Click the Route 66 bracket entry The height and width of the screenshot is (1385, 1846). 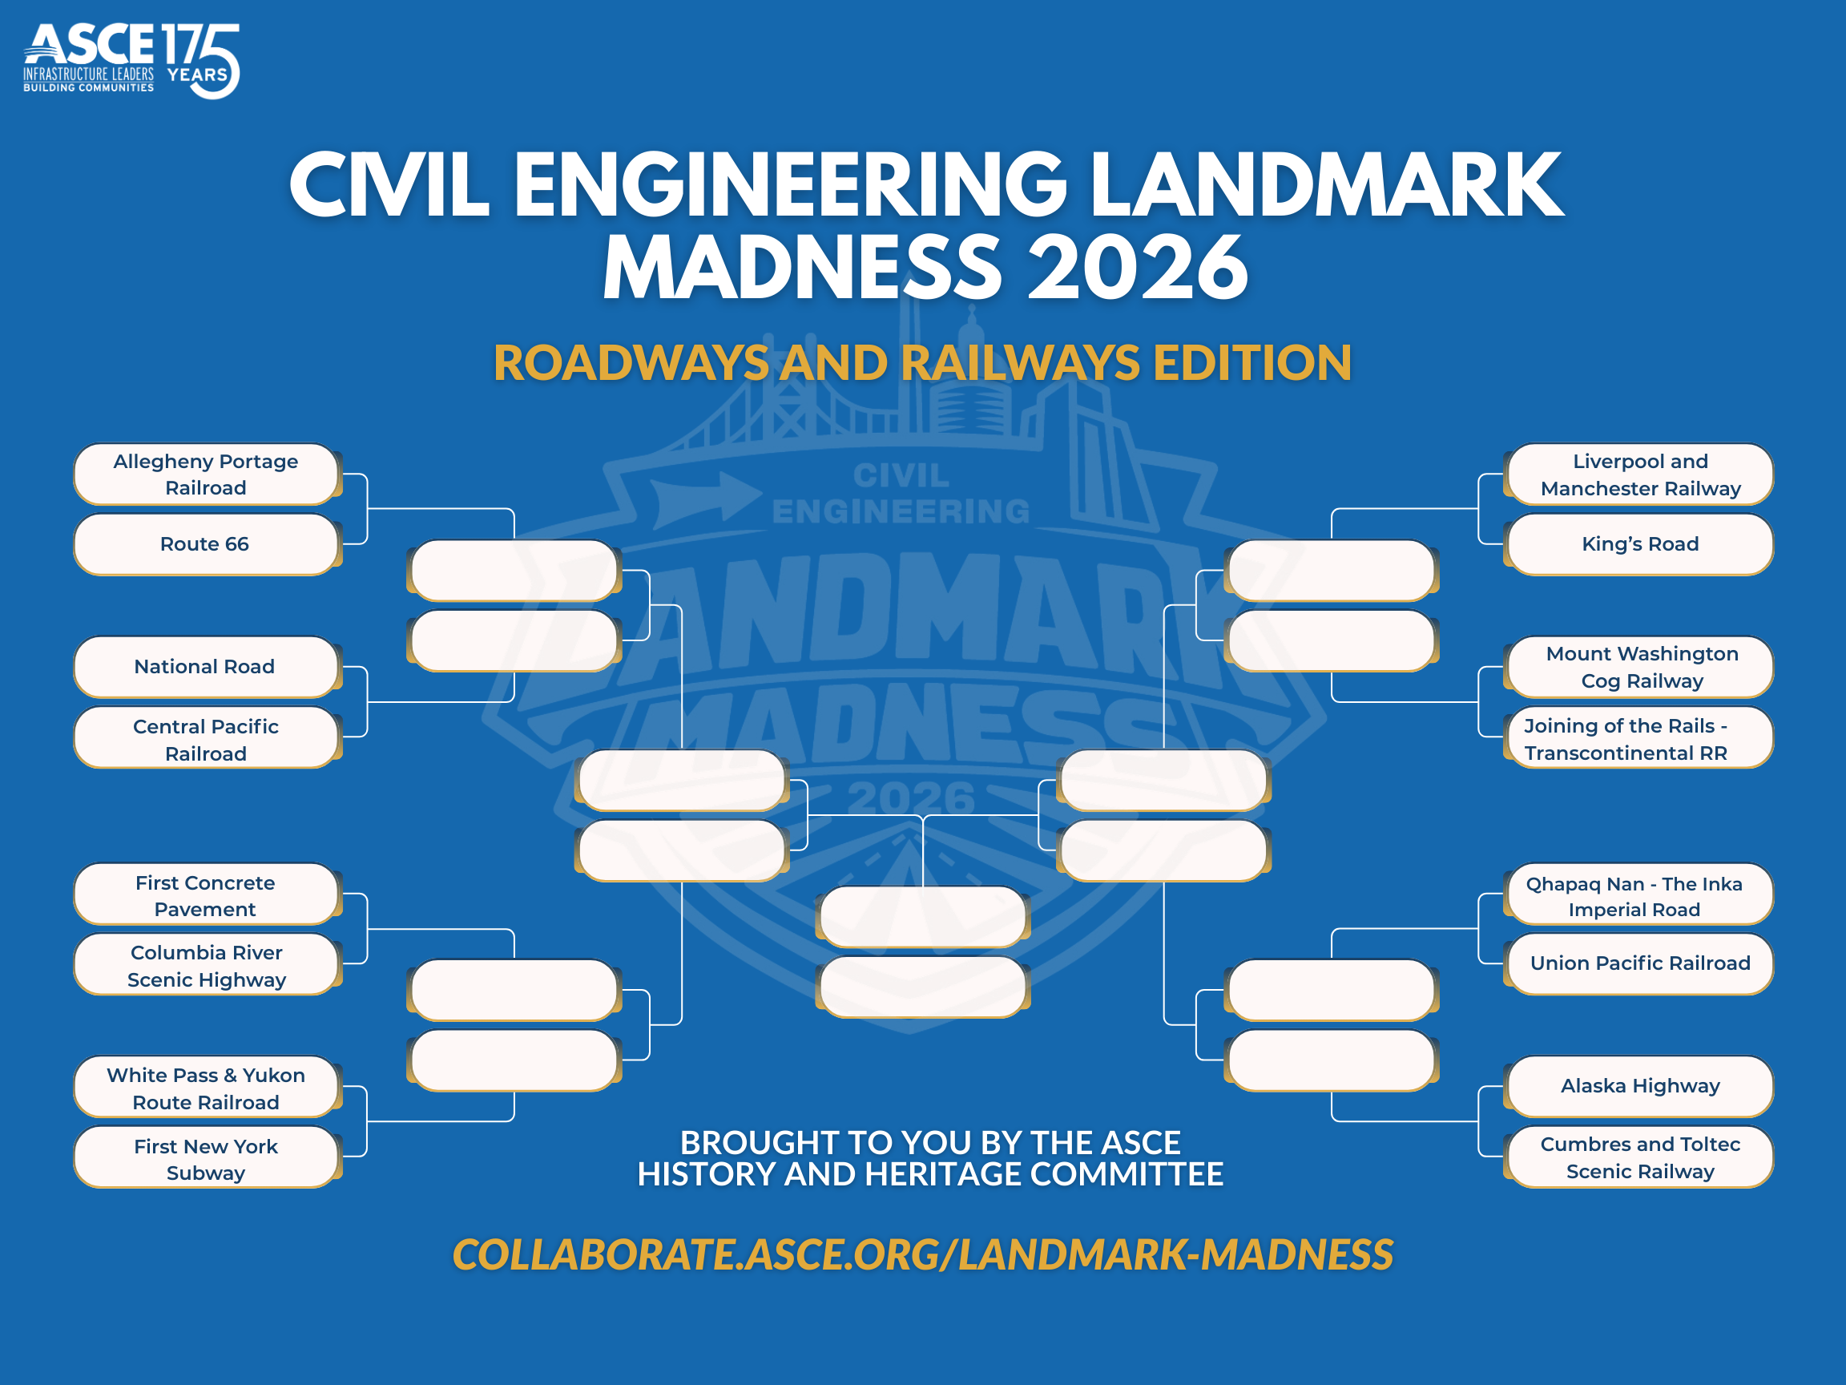pos(205,544)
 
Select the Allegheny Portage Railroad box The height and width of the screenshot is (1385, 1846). pos(205,474)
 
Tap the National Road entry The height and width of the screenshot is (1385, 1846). pos(205,667)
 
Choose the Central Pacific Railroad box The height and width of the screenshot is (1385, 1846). pos(205,740)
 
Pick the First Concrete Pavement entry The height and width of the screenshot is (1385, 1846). pos(205,896)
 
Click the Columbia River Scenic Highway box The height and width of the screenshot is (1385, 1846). pos(205,966)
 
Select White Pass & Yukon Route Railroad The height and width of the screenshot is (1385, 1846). pos(205,1088)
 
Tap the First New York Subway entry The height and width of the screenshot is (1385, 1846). pos(205,1160)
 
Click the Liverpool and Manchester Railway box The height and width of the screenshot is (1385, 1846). pos(1640,474)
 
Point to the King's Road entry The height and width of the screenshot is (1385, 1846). pos(1640,544)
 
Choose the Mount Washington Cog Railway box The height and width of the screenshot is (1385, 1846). pos(1640,667)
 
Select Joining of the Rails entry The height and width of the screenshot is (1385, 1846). pos(1640,740)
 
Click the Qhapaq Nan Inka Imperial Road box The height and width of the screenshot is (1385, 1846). pos(1640,896)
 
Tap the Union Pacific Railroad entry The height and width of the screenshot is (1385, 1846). pos(1640,963)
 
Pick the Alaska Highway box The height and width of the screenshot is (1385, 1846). pos(1640,1086)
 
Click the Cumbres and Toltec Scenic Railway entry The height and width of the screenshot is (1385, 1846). pos(1640,1158)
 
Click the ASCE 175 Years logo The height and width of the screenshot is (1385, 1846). pos(132,60)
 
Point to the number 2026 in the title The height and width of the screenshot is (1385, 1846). pos(1137,267)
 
